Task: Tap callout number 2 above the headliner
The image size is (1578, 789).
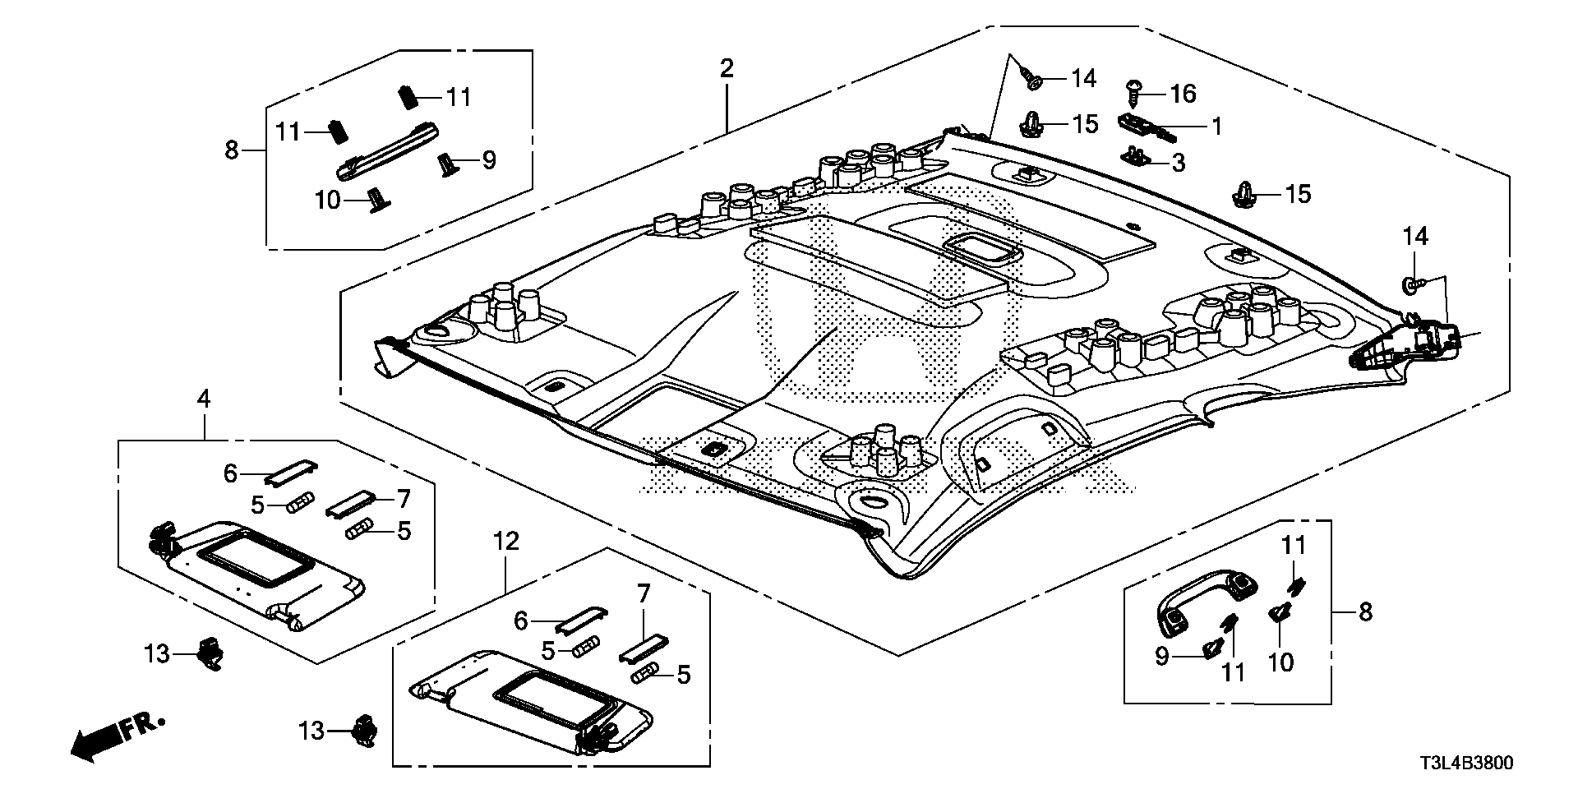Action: pos(727,68)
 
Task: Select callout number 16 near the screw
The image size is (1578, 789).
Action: pos(1183,95)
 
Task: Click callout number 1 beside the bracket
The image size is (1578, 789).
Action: pos(1216,127)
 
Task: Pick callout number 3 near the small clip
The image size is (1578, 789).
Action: pos(1179,163)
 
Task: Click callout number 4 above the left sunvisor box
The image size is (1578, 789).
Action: pos(203,399)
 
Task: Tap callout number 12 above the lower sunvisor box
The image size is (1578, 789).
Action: pos(507,541)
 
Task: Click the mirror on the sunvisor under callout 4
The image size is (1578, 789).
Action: pos(256,558)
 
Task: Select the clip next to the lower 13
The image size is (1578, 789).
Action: pos(364,731)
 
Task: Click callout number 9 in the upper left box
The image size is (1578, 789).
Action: pos(489,160)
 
